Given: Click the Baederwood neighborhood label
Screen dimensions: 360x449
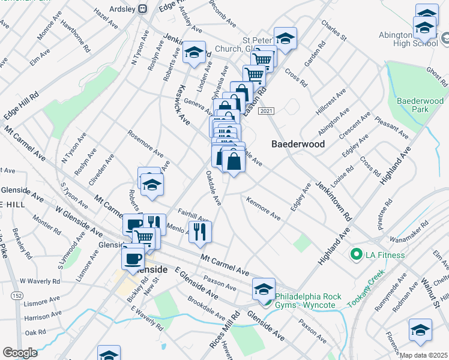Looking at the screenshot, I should (298, 145).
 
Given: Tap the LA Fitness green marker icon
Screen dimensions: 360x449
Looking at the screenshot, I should (355, 256).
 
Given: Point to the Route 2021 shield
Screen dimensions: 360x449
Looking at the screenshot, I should (267, 112).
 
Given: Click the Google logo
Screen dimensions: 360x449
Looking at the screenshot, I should (20, 353).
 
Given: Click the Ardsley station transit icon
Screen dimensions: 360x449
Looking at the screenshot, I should (142, 8).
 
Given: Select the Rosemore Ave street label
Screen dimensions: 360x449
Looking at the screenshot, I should (144, 143).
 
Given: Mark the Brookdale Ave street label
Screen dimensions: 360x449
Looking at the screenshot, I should (206, 308).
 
